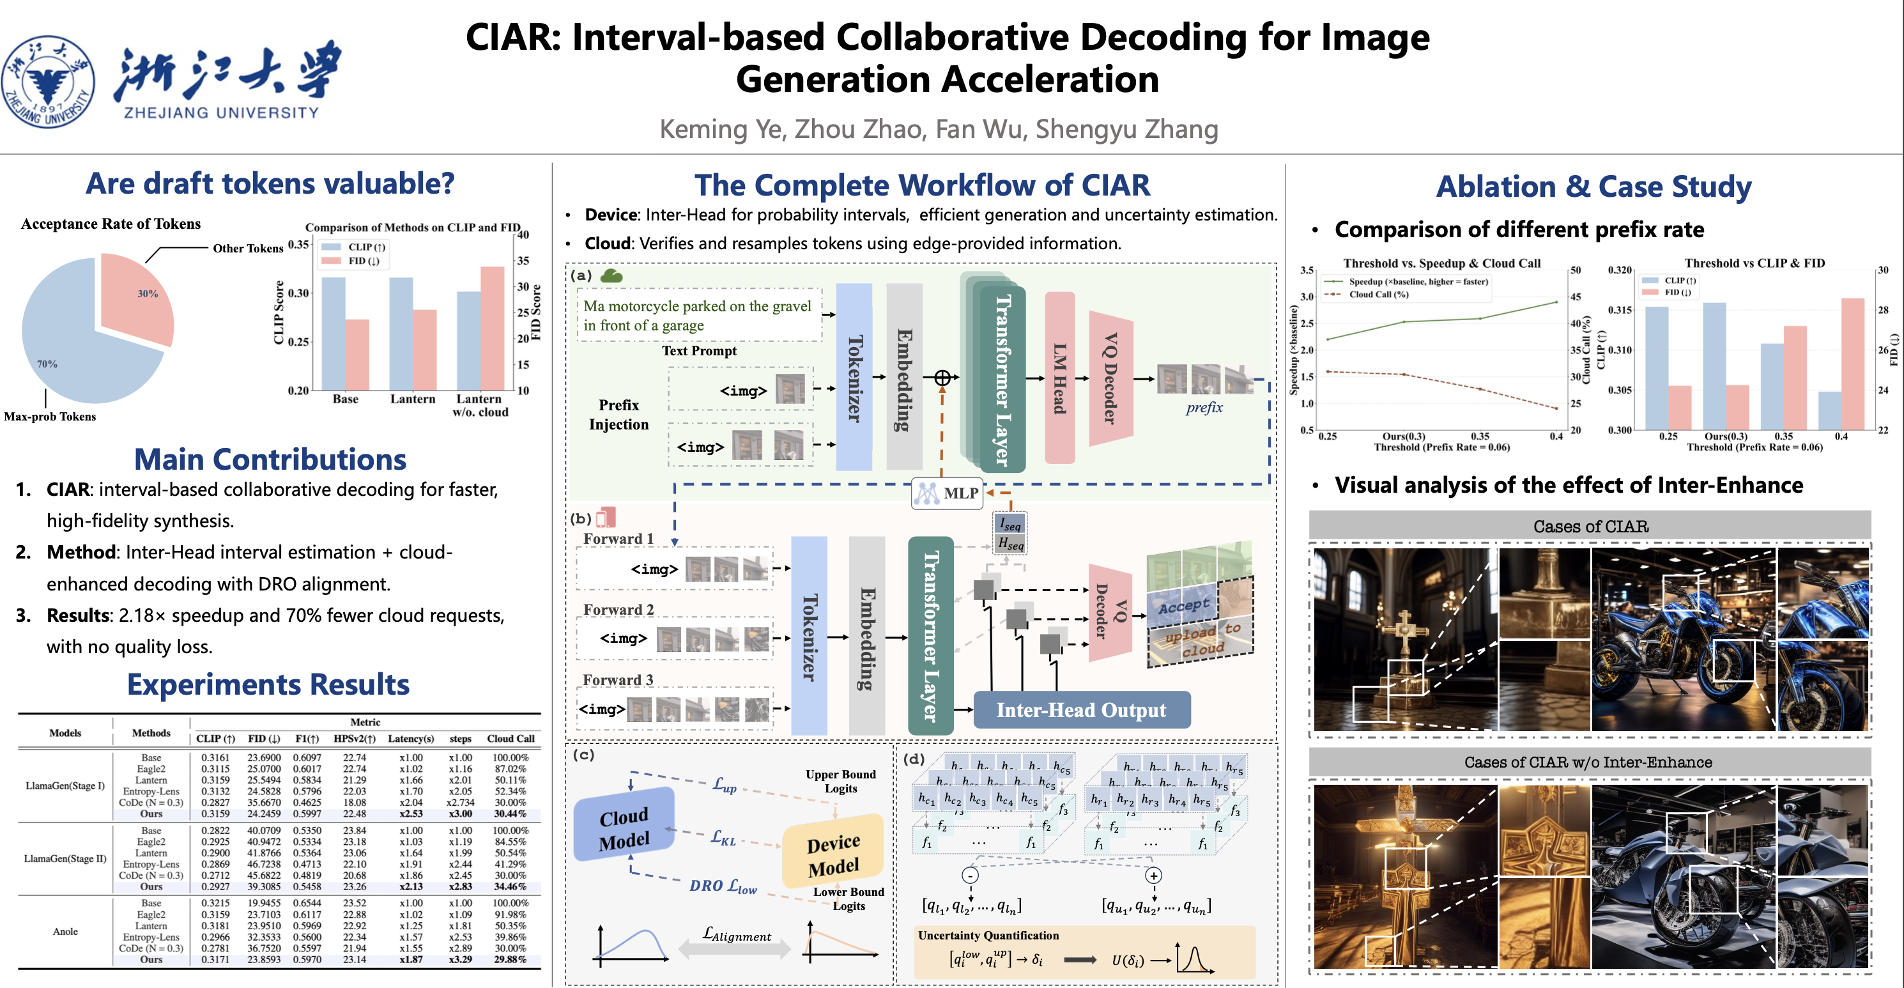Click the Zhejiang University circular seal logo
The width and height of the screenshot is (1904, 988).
49,81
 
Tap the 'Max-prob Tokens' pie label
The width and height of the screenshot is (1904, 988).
50,416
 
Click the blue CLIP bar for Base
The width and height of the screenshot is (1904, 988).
334,333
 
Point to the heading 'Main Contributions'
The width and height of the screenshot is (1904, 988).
270,459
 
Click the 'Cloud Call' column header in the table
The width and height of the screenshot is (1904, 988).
510,738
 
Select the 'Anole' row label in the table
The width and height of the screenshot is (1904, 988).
65,931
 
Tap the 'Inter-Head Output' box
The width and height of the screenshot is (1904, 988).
1081,710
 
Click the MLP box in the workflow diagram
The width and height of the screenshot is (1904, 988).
948,493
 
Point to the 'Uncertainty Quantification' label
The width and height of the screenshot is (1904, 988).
988,936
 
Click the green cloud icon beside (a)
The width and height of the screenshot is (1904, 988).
611,276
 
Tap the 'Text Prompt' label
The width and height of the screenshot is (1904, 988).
698,351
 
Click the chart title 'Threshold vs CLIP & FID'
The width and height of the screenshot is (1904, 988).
1754,263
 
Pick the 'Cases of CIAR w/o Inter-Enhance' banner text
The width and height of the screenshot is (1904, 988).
1588,762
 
